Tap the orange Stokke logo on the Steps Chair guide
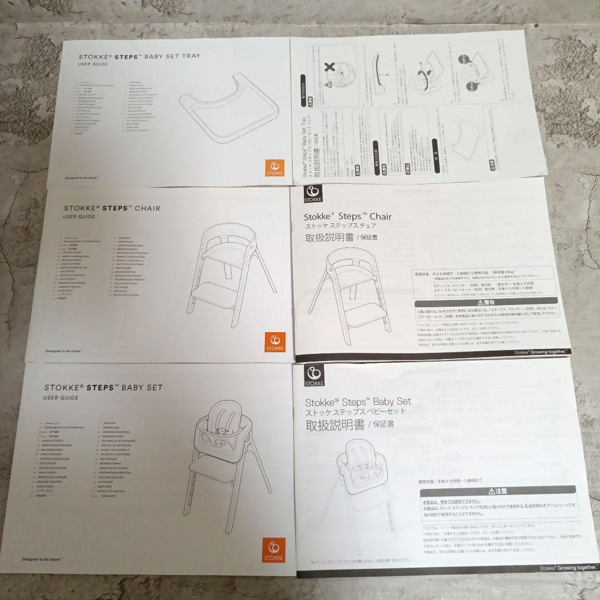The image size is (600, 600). tap(275, 342)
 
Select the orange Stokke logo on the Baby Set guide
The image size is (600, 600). tap(274, 551)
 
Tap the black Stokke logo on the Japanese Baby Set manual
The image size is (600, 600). tap(312, 376)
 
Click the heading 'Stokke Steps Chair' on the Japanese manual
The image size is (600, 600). tap(347, 217)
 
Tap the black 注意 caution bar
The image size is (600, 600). tap(497, 491)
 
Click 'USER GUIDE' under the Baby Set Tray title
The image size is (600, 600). tap(93, 65)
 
